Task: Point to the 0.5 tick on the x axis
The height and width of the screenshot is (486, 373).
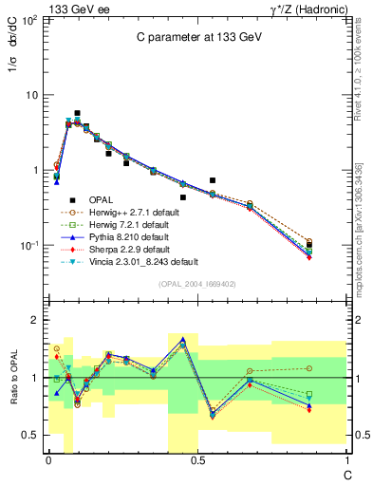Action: click(x=197, y=459)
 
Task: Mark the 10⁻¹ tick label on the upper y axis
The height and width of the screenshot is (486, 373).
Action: click(x=27, y=246)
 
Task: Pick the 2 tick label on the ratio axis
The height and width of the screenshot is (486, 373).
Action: click(x=34, y=321)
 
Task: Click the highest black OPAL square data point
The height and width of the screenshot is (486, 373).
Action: click(x=77, y=113)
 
